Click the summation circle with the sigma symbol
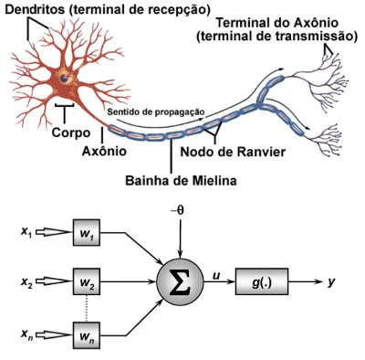[x=180, y=281]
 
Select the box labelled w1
[x=87, y=232]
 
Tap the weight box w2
[x=87, y=281]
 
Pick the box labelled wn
[x=87, y=335]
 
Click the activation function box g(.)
[x=262, y=281]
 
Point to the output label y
[x=331, y=282]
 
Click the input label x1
[x=26, y=232]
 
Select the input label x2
[x=26, y=282]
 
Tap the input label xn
[x=26, y=335]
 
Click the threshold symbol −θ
[x=177, y=210]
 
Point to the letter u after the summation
[x=216, y=276]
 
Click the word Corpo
[x=71, y=132]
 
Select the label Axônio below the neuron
[x=104, y=150]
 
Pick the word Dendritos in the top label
[x=35, y=9]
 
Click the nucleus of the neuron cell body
[x=65, y=79]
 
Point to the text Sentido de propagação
[x=156, y=112]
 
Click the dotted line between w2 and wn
[x=87, y=308]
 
